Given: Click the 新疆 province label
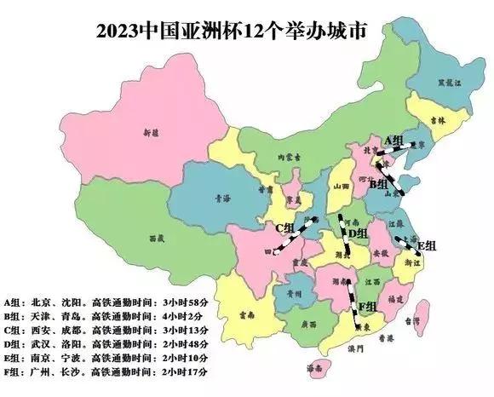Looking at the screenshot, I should coord(151,134).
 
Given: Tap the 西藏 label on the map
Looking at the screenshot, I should coord(155,238).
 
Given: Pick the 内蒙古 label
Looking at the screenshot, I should coord(295,157).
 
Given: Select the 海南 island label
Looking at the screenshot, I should coord(315,369).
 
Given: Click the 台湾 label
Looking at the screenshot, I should coord(413,322).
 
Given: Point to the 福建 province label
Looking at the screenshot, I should coord(394,299).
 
